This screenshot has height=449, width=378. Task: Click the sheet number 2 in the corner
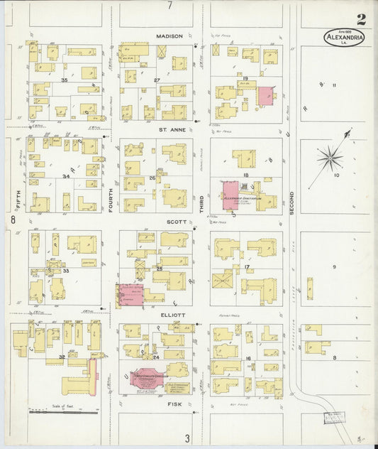pyautogui.click(x=362, y=19)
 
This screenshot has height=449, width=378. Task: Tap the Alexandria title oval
pyautogui.click(x=345, y=37)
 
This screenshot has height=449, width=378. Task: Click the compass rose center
pyautogui.click(x=330, y=158)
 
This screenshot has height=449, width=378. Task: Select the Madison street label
pyautogui.click(x=170, y=36)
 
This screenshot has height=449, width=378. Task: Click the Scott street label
pyautogui.click(x=176, y=221)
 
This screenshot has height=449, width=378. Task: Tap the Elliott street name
pyautogui.click(x=173, y=315)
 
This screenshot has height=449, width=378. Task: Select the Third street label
pyautogui.click(x=201, y=205)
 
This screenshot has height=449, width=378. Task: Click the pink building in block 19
pyautogui.click(x=265, y=96)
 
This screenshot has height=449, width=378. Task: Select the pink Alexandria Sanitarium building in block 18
pyautogui.click(x=231, y=193)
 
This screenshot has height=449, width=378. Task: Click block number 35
pyautogui.click(x=64, y=80)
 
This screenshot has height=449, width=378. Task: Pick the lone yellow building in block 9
pyautogui.click(x=310, y=288)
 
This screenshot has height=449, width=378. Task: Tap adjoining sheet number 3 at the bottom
pyautogui.click(x=187, y=438)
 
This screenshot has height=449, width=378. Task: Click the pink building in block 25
pyautogui.click(x=130, y=295)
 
